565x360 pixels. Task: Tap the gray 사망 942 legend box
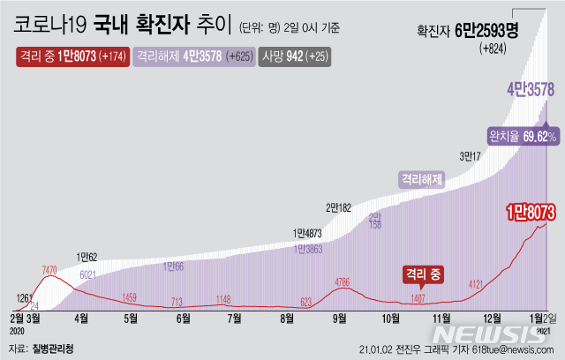[x=295, y=57]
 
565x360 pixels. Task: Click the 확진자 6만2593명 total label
[x=468, y=31]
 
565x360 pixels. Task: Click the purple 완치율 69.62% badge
[x=522, y=136]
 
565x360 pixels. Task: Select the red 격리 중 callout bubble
[x=423, y=274]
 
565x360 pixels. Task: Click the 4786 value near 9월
[x=346, y=282]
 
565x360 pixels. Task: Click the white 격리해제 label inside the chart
[x=421, y=177]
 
